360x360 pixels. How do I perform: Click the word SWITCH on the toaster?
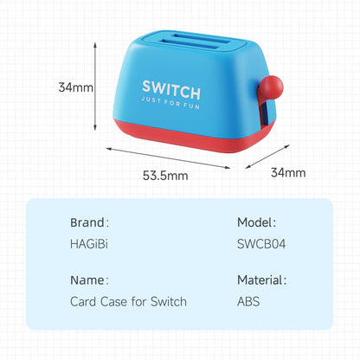click(170, 90)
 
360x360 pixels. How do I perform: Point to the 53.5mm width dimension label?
click(166, 177)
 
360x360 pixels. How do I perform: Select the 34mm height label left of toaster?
click(76, 87)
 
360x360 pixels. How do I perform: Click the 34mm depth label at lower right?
click(288, 172)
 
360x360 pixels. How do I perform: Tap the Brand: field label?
click(89, 222)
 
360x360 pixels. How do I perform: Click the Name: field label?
click(89, 280)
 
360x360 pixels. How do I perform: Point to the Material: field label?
click(262, 280)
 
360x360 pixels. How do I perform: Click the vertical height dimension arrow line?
click(95, 87)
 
